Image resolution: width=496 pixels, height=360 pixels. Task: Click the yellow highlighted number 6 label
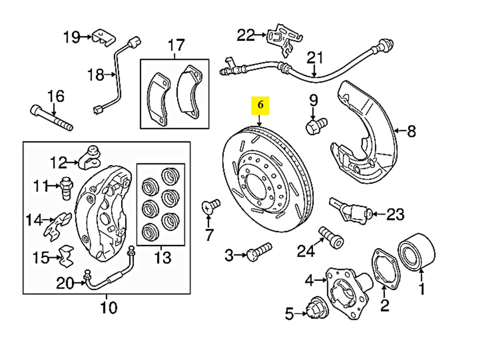261,104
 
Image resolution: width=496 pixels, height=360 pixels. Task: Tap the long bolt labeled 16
51,117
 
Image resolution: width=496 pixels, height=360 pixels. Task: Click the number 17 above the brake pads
175,45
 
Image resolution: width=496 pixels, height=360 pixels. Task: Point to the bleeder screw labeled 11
67,187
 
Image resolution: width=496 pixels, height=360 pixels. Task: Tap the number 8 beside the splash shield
411,132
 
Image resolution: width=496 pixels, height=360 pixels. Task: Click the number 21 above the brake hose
315,57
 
